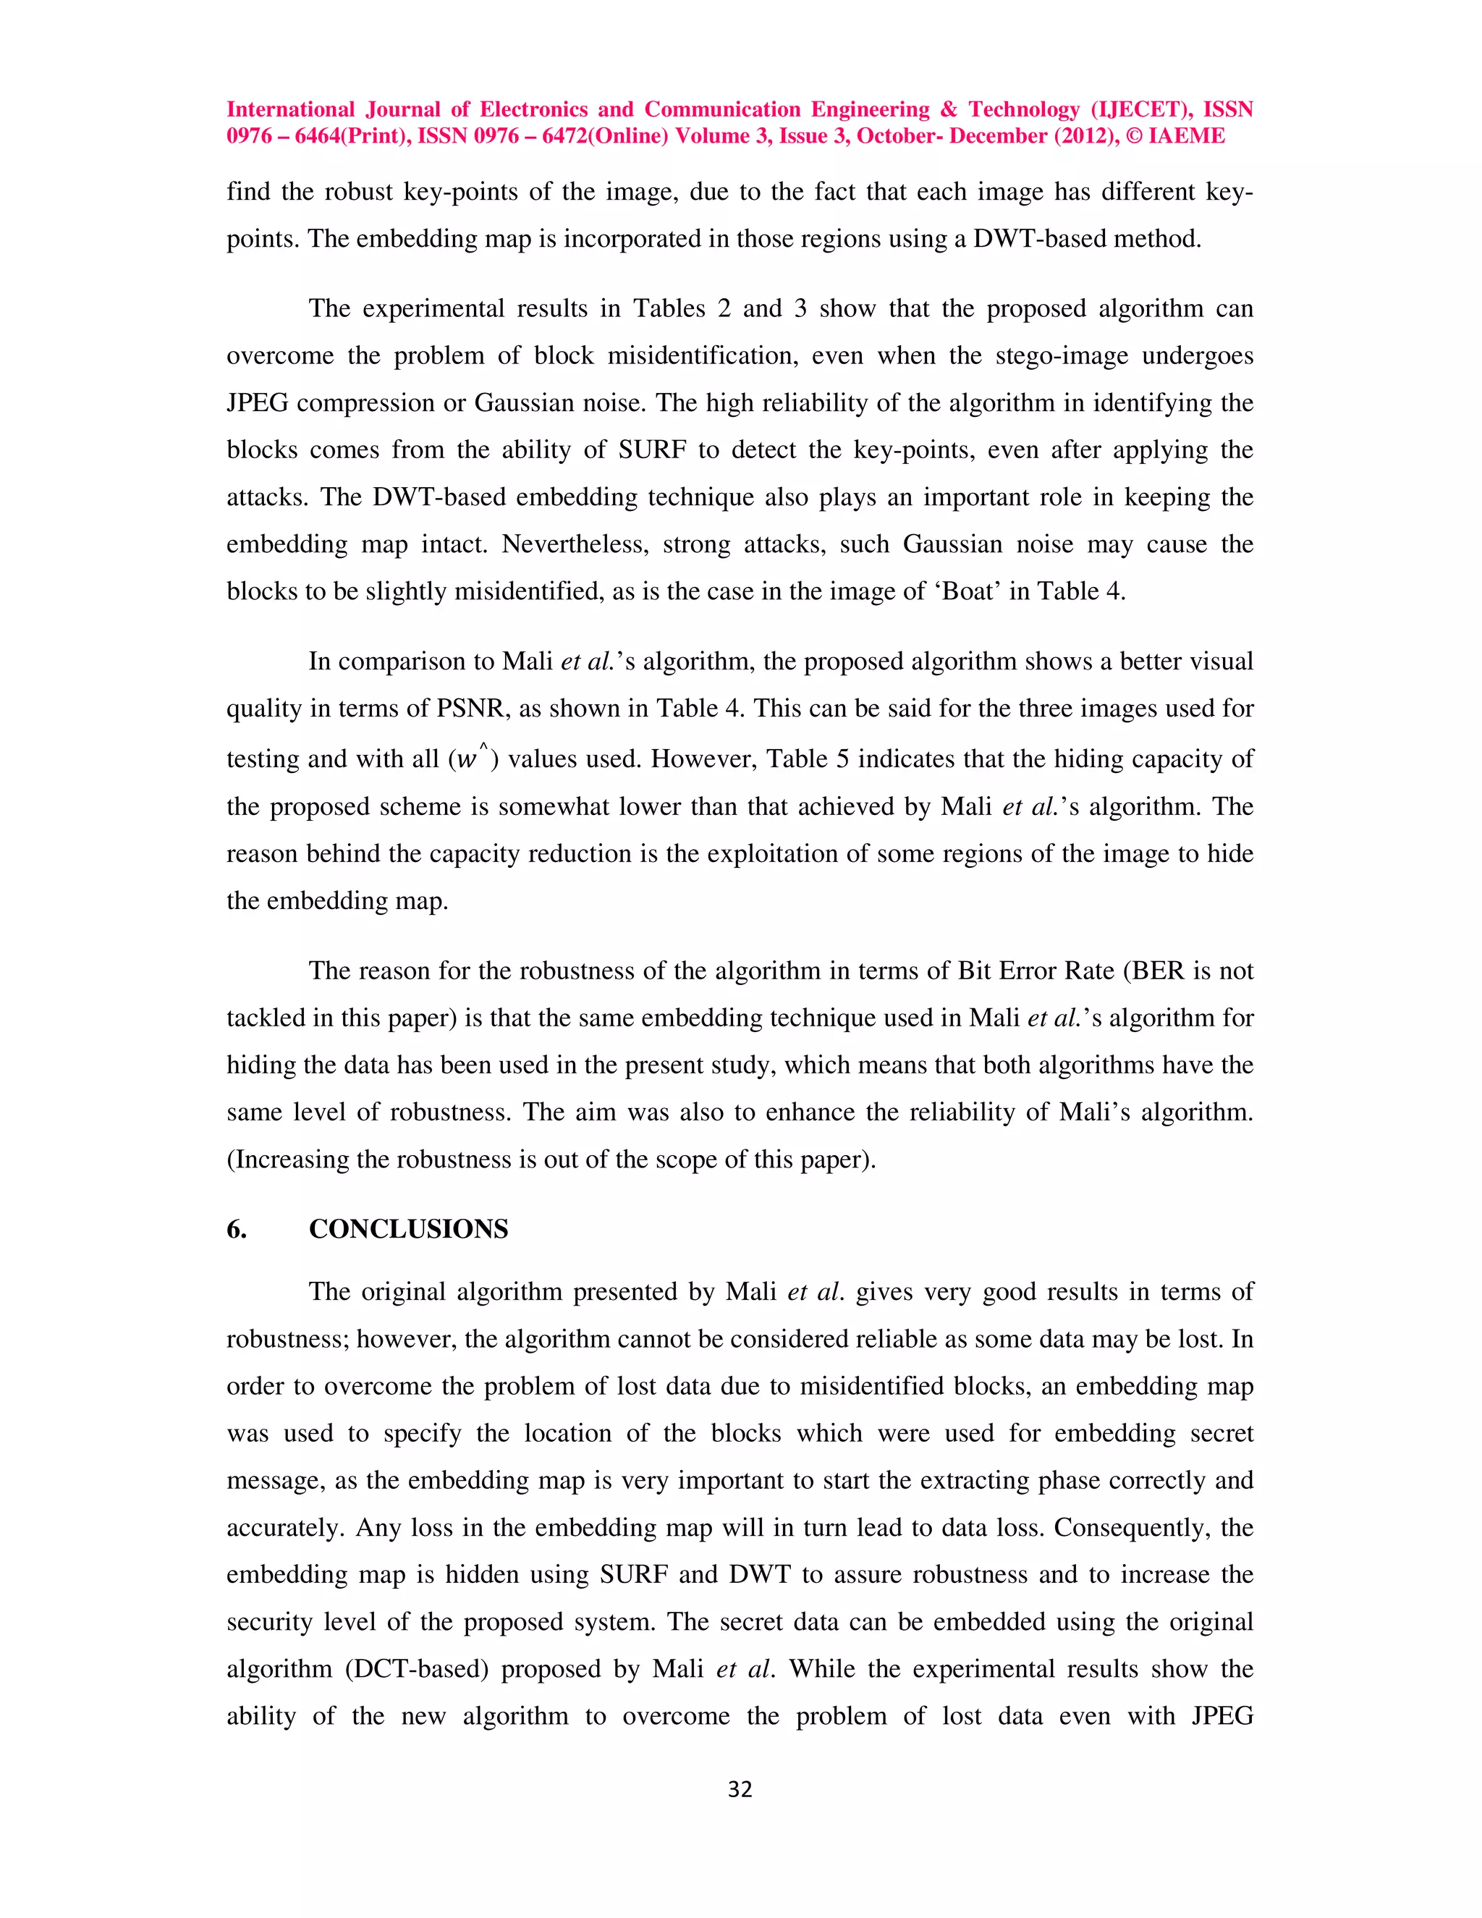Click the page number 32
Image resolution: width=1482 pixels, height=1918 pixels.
pyautogui.click(x=740, y=1790)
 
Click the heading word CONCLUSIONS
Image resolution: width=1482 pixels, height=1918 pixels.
pyautogui.click(x=408, y=1229)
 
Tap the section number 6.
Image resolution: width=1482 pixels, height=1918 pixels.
pyautogui.click(x=236, y=1229)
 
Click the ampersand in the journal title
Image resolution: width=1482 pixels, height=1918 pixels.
pyautogui.click(x=948, y=110)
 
